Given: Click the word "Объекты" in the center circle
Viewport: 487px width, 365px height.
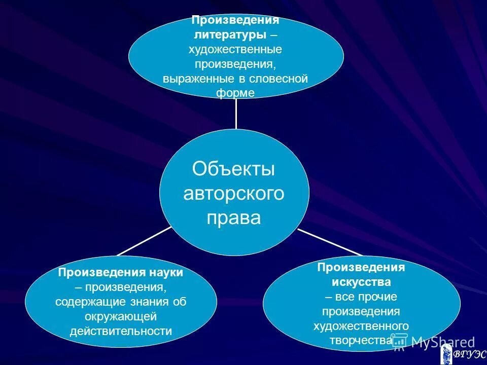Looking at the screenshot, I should pyautogui.click(x=233, y=169).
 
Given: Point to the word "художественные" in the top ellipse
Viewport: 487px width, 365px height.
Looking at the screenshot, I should pyautogui.click(x=235, y=50).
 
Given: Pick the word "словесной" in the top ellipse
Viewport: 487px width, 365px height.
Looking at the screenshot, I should pyautogui.click(x=282, y=79).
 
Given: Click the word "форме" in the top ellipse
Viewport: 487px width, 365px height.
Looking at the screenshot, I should pyautogui.click(x=235, y=93).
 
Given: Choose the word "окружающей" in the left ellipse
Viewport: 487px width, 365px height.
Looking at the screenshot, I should pyautogui.click(x=121, y=316).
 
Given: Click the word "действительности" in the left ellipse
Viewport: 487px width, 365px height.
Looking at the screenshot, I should pyautogui.click(x=121, y=331).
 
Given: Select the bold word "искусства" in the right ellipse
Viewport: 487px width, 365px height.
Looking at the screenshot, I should pyautogui.click(x=361, y=282).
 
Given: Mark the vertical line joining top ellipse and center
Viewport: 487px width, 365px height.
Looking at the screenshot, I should pyautogui.click(x=236, y=114).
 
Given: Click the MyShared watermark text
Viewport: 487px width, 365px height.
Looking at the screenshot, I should pyautogui.click(x=442, y=342).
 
